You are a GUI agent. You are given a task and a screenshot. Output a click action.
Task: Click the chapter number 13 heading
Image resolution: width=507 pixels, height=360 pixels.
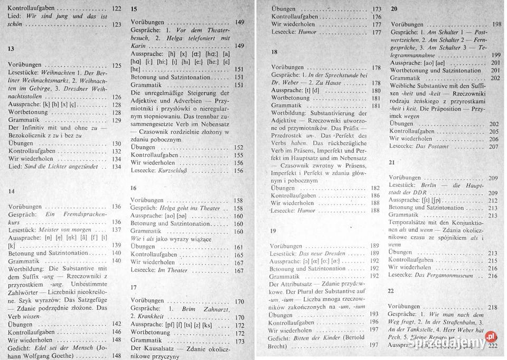coord(11,49)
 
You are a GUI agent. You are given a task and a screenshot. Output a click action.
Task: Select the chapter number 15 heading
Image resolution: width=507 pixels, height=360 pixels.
coord(134,9)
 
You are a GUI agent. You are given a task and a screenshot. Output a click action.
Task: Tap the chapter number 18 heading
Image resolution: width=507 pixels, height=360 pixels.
coord(274,52)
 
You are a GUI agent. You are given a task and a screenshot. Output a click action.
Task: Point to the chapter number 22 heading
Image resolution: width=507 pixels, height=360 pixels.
coord(391,291)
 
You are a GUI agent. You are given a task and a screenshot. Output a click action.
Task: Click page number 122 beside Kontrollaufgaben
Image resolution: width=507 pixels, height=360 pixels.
coord(117,9)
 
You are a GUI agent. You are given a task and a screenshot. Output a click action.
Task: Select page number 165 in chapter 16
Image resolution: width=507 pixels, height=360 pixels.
coord(239,254)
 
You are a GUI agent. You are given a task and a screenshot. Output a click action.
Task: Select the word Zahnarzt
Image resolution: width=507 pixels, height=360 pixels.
coord(211,308)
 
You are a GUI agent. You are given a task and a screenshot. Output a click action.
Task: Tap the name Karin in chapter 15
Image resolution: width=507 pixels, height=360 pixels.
coord(138,46)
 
